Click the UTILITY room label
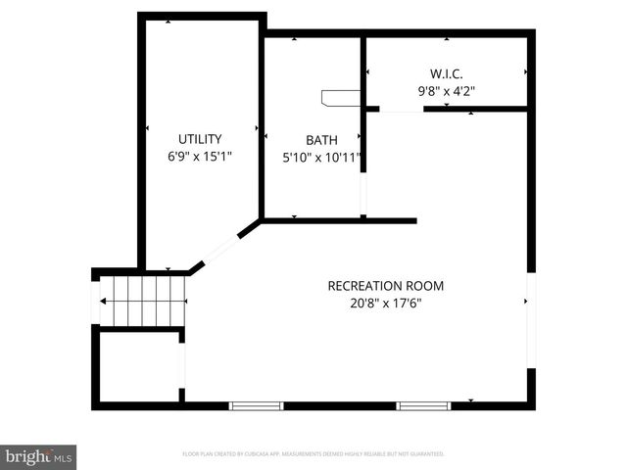click(200, 139)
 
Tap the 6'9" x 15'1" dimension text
click(200, 156)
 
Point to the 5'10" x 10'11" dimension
click(322, 157)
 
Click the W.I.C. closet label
click(447, 73)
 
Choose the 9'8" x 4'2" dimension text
click(447, 91)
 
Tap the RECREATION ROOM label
click(385, 286)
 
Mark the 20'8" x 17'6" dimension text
click(385, 304)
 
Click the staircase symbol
click(142, 300)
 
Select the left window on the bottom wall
click(257, 405)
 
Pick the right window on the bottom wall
click(423, 405)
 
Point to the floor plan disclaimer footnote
click(313, 454)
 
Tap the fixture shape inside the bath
click(339, 97)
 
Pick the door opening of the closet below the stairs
click(183, 364)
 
